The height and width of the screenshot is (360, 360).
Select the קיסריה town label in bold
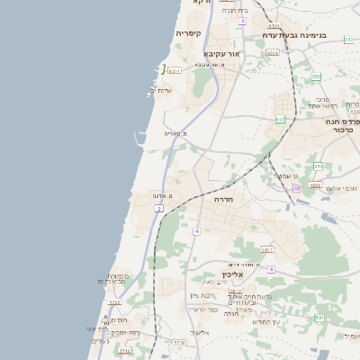[x=188, y=34]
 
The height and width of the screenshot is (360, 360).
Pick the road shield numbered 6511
[x=175, y=70]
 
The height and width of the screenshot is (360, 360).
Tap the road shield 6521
[x=274, y=26]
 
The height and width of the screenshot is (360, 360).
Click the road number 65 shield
[x=296, y=188]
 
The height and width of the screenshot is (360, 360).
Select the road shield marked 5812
[x=236, y=291]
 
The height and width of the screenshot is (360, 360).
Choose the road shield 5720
[x=179, y=342]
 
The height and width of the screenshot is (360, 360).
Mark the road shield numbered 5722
[x=114, y=302]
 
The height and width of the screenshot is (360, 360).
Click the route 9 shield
[x=271, y=268]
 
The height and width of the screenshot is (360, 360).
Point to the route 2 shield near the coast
[x=159, y=209]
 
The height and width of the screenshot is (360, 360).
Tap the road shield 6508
[x=273, y=53]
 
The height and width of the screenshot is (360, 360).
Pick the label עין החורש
[x=265, y=321]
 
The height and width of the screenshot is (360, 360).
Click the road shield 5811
[x=267, y=249]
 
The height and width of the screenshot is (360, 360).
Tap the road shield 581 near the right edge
[x=319, y=317]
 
